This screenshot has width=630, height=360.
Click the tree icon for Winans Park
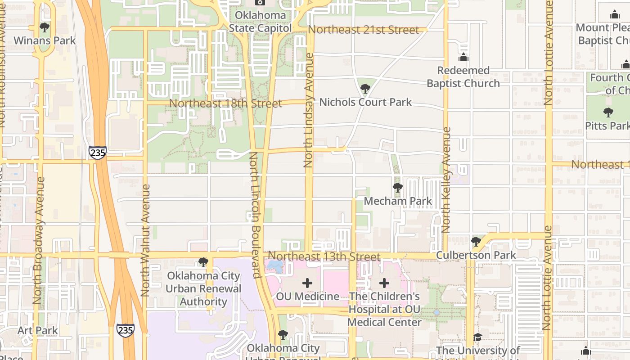click(x=45, y=27)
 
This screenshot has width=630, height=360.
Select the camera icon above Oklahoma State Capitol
click(x=260, y=3)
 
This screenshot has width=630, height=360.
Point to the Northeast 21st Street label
click(x=364, y=30)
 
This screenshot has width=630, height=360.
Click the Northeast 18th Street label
click(x=225, y=103)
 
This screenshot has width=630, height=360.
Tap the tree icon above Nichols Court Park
click(x=365, y=89)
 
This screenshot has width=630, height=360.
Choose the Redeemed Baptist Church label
click(x=463, y=77)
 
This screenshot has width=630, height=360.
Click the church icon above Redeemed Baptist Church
click(x=463, y=58)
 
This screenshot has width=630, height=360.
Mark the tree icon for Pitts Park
click(x=608, y=112)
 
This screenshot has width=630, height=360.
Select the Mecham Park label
click(x=398, y=201)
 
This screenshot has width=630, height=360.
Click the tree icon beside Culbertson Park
click(x=476, y=242)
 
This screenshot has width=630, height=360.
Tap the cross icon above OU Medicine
click(x=307, y=283)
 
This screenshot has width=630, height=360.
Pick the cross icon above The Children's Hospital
click(x=384, y=283)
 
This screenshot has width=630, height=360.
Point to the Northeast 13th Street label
click(x=324, y=256)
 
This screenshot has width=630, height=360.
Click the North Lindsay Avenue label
click(x=309, y=110)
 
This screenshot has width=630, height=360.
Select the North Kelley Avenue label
click(x=446, y=180)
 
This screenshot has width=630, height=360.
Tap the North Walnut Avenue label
click(x=145, y=240)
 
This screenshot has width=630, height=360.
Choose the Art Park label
click(x=38, y=331)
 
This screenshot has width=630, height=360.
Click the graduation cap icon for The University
click(x=477, y=337)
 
